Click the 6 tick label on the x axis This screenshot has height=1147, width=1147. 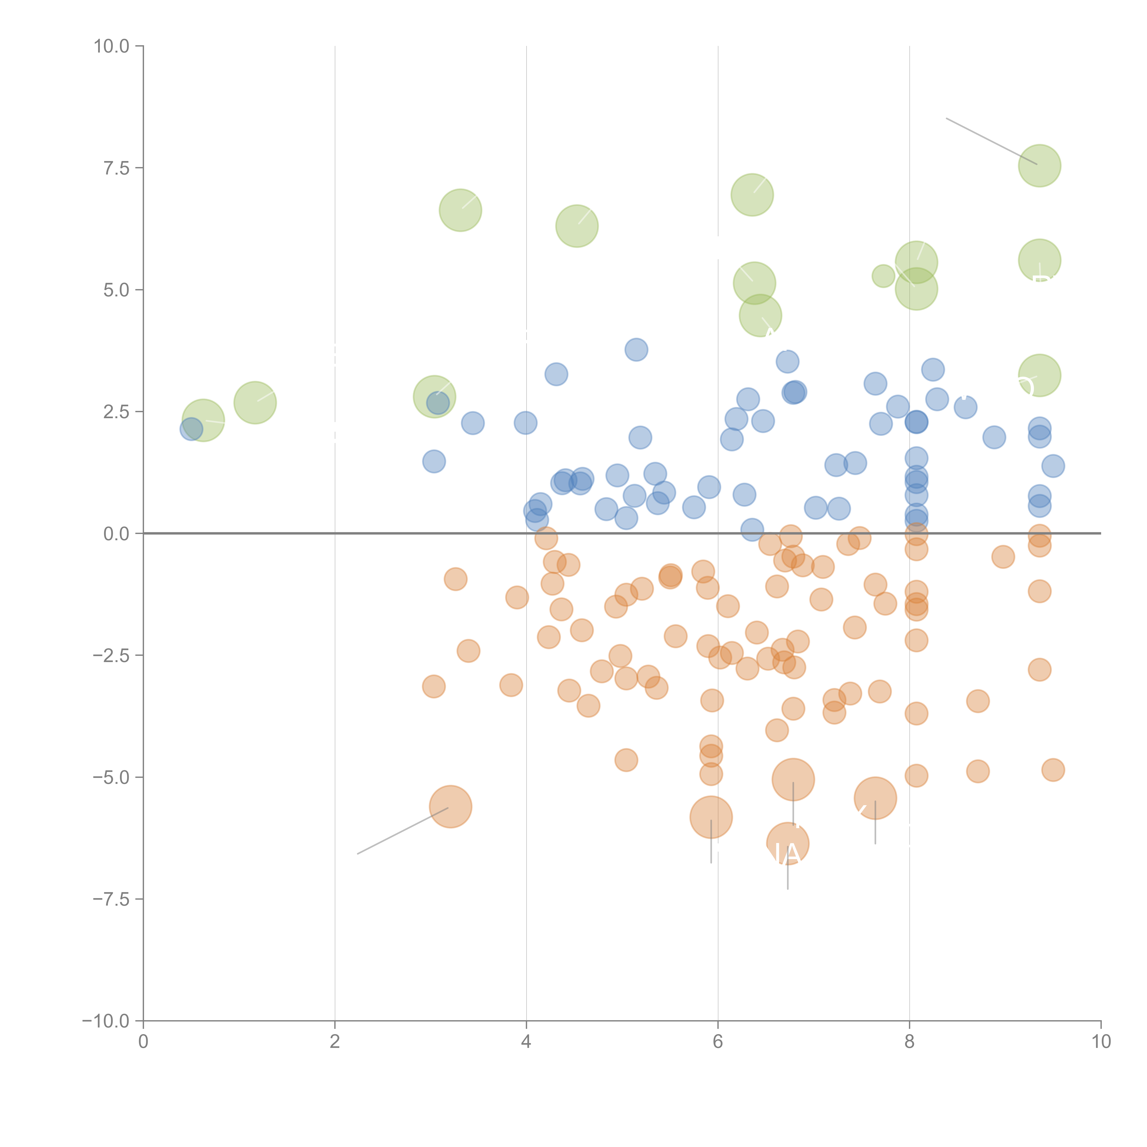click(718, 1042)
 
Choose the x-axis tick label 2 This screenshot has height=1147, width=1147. click(335, 1042)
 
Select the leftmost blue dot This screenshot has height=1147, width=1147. click(191, 429)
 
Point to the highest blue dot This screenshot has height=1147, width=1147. click(636, 350)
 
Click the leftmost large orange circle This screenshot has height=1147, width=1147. click(451, 806)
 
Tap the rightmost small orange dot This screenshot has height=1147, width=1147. click(1053, 770)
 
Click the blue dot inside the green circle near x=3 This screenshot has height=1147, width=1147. click(437, 403)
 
